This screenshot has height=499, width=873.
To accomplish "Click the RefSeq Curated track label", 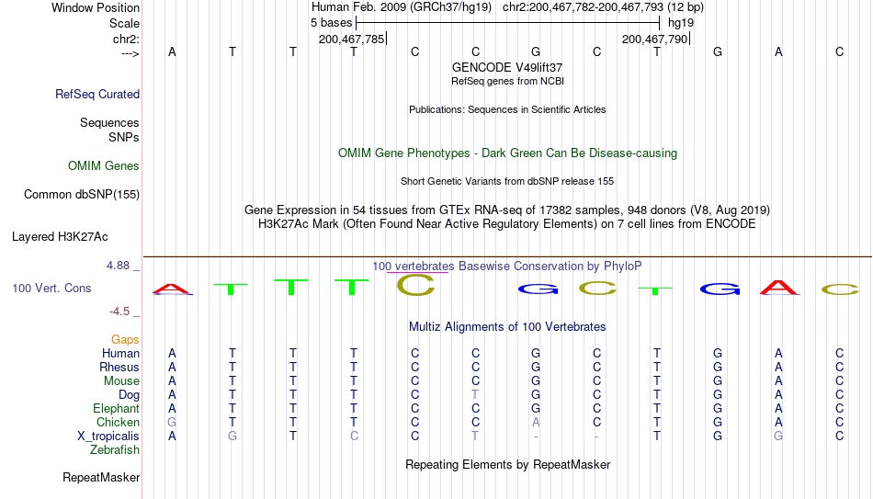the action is tap(97, 94).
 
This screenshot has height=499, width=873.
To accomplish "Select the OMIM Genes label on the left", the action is tap(104, 166).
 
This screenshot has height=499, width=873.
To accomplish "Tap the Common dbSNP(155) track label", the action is tap(82, 195).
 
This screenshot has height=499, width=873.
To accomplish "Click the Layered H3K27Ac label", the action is tap(60, 237).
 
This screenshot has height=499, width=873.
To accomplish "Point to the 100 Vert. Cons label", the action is tap(51, 288).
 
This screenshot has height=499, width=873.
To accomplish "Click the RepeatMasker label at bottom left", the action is tap(101, 477).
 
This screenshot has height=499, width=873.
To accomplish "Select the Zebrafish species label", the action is tap(115, 449).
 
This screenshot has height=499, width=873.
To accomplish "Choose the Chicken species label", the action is tap(118, 422).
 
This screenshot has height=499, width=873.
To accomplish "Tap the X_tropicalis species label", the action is tap(108, 437).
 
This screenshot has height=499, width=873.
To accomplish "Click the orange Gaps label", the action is tap(125, 340).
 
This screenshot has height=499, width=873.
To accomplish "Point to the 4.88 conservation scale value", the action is tap(119, 266).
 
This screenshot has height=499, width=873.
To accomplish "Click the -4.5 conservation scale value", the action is tap(119, 312).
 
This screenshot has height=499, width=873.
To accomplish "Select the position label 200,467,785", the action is tap(351, 39).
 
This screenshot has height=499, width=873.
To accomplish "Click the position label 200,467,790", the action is tap(654, 39).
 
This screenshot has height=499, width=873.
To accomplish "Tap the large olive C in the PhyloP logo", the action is tap(415, 285).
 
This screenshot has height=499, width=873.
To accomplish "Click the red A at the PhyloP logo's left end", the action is tap(172, 289).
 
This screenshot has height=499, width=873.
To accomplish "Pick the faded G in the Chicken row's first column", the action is tap(172, 422).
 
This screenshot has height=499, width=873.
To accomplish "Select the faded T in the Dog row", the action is tap(475, 395).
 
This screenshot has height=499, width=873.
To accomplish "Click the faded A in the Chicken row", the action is tap(536, 422).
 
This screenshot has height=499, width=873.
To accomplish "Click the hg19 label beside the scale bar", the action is tap(681, 23).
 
